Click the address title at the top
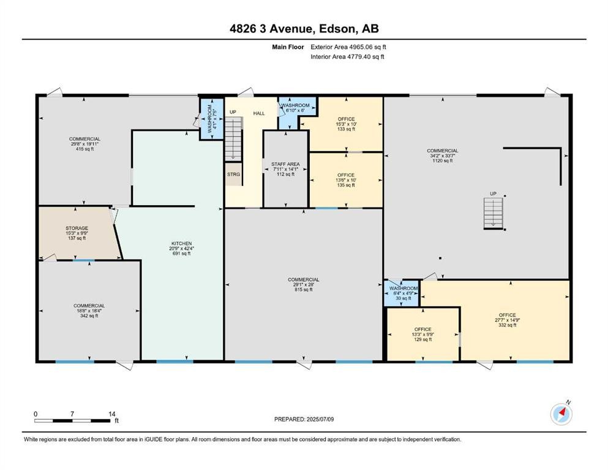pos(304,29)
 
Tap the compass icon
pos(561,414)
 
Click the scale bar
pos(74,420)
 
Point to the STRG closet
pos(233,174)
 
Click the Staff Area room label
pos(285,169)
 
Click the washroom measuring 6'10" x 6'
pos(296,108)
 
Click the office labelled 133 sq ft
pos(346,124)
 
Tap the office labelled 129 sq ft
pos(422,334)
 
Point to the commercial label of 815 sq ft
pos(304,285)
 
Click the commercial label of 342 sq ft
pos(89,310)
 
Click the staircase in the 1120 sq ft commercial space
pos(493,212)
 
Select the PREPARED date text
pos(304,419)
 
